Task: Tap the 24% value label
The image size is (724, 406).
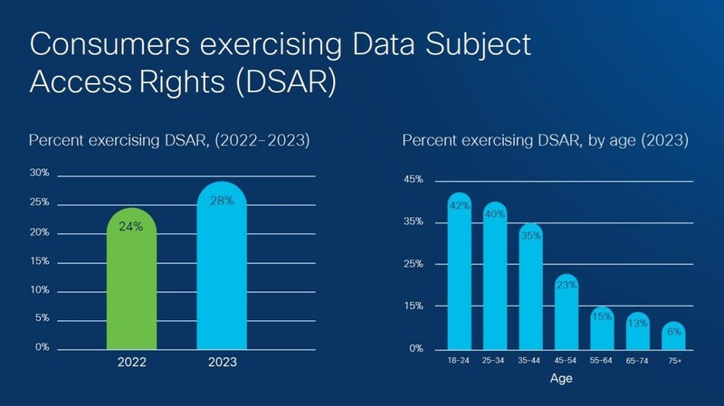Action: (131, 227)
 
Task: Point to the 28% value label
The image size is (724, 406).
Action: (220, 201)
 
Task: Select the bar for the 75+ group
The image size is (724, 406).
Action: (673, 336)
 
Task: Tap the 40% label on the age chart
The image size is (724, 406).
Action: (495, 214)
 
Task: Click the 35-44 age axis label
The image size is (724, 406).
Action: (530, 361)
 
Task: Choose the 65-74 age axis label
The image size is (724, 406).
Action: (637, 361)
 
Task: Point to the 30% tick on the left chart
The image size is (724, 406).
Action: (39, 173)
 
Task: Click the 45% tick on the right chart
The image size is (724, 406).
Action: (412, 180)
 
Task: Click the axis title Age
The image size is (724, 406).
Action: (562, 381)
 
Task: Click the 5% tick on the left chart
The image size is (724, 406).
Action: (41, 318)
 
